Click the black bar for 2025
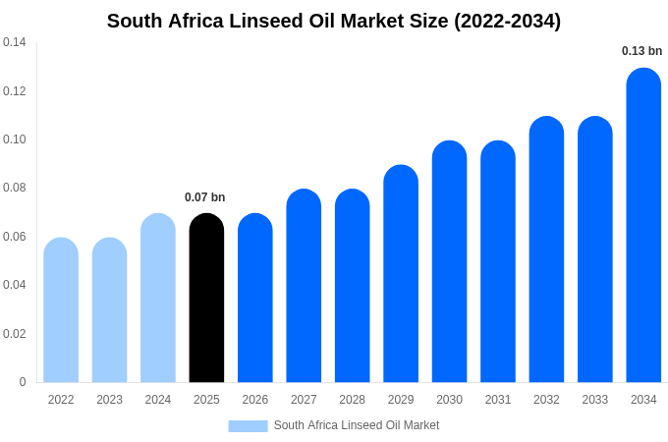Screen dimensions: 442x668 tap(206, 299)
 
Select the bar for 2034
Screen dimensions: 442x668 tap(643, 226)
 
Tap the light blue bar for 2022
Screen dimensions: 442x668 tap(61, 310)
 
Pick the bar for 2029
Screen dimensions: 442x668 tap(401, 274)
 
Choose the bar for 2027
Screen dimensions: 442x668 tap(304, 286)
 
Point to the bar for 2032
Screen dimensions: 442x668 tap(546, 249)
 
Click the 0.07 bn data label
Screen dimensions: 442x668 tap(205, 197)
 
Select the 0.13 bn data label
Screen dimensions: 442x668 tap(641, 51)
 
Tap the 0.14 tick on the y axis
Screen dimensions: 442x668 tap(15, 42)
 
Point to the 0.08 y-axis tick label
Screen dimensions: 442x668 tap(15, 188)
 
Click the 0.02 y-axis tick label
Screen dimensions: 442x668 tap(15, 334)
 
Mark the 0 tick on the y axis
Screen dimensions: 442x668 tap(23, 382)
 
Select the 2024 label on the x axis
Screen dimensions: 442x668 tap(158, 400)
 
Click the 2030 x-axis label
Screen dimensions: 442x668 tap(449, 400)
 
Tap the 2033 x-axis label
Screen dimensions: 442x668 tap(594, 400)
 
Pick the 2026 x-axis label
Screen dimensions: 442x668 tap(255, 400)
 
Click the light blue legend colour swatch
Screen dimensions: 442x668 tap(248, 425)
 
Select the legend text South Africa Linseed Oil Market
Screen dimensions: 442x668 tap(357, 425)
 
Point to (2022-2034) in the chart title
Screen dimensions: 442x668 tap(507, 21)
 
